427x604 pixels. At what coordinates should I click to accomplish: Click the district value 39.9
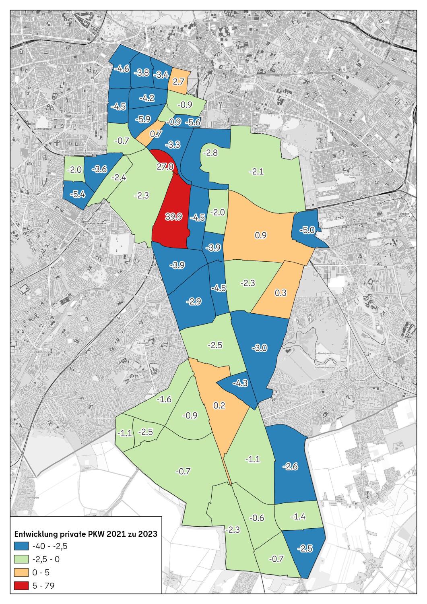[174, 217]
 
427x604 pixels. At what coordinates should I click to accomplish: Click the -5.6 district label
[192, 122]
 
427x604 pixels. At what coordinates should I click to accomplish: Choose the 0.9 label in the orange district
[261, 235]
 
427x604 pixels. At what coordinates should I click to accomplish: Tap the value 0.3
[281, 293]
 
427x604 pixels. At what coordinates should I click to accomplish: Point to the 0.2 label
[219, 406]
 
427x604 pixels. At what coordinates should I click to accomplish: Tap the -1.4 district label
[298, 517]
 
